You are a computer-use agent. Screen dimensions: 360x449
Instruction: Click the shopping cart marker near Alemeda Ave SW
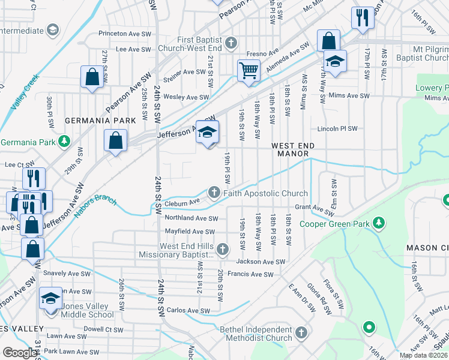click(248, 70)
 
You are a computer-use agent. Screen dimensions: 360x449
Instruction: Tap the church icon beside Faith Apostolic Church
click(214, 193)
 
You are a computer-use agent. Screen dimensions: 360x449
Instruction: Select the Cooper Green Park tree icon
click(378, 223)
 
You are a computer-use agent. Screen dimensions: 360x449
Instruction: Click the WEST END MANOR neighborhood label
click(293, 149)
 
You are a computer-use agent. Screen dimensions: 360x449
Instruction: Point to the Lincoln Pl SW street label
click(337, 128)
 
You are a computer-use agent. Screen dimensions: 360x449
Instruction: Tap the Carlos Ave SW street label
click(188, 311)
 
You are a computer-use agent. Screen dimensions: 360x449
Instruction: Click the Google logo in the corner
click(20, 353)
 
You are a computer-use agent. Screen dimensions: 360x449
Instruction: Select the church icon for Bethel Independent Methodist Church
click(301, 332)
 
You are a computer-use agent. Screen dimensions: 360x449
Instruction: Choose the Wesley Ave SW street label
click(186, 97)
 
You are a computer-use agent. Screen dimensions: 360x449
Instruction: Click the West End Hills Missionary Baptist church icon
click(223, 248)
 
